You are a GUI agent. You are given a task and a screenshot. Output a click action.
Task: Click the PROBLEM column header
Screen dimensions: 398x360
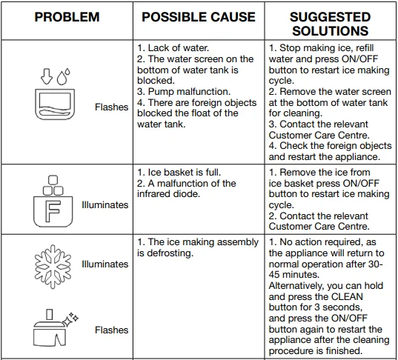(67, 17)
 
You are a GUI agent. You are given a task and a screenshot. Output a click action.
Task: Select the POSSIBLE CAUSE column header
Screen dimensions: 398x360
(199, 17)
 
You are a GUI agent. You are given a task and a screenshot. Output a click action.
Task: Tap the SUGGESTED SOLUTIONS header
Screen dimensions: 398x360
(331, 24)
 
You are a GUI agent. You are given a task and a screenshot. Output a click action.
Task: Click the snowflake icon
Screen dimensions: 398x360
(53, 267)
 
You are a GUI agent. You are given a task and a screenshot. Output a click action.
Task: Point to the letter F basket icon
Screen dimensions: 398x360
(53, 201)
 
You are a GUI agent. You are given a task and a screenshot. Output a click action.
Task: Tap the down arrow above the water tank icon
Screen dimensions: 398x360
(47, 76)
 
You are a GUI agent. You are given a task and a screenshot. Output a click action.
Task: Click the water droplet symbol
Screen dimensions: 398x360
(63, 76)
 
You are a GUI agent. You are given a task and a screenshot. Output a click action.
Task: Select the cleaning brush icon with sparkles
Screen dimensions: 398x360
(56, 327)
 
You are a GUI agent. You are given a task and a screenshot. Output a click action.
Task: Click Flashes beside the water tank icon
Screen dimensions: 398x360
(112, 107)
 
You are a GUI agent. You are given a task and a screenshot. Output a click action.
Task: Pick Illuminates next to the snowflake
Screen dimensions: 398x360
(105, 264)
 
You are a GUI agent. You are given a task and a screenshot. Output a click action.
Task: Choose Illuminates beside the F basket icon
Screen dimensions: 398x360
(105, 204)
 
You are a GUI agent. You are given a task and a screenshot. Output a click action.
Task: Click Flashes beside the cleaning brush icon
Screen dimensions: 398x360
(112, 330)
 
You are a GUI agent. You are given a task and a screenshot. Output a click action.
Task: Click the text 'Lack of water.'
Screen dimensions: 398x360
(179, 47)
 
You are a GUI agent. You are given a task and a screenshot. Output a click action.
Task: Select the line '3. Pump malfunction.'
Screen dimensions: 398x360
(184, 92)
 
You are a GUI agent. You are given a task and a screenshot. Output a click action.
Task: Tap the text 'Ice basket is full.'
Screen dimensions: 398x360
(185, 173)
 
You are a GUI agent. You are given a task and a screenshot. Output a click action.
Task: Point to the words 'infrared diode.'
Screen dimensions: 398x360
(168, 194)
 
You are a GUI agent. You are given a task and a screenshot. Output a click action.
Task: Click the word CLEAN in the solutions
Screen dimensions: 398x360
(348, 296)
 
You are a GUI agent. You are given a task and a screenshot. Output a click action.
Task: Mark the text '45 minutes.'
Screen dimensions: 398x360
(294, 275)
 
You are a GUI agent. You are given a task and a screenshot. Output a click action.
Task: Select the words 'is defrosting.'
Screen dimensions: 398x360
(165, 253)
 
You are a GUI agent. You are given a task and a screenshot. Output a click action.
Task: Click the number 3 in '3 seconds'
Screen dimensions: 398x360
(317, 307)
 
